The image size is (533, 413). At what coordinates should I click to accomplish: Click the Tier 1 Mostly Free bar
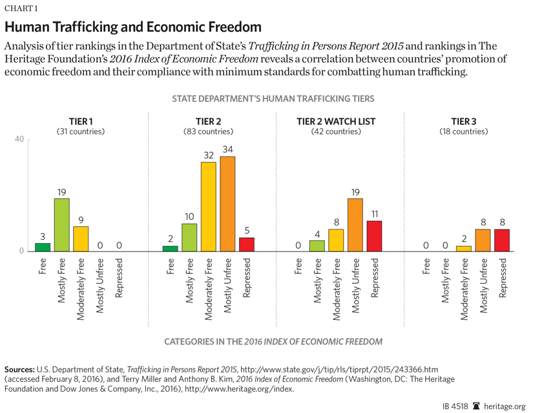(61, 224)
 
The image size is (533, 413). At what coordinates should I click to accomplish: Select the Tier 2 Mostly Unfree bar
(227, 204)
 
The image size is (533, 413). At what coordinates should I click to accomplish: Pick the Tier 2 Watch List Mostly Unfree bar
(355, 224)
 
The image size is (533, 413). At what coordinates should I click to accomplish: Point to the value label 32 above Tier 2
(208, 155)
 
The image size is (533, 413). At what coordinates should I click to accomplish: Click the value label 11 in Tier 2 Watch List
(373, 214)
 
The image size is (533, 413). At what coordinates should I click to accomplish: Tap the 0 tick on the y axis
(21, 251)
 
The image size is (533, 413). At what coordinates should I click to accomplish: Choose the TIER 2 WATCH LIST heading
(336, 121)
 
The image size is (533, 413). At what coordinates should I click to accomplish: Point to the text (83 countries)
(208, 131)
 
